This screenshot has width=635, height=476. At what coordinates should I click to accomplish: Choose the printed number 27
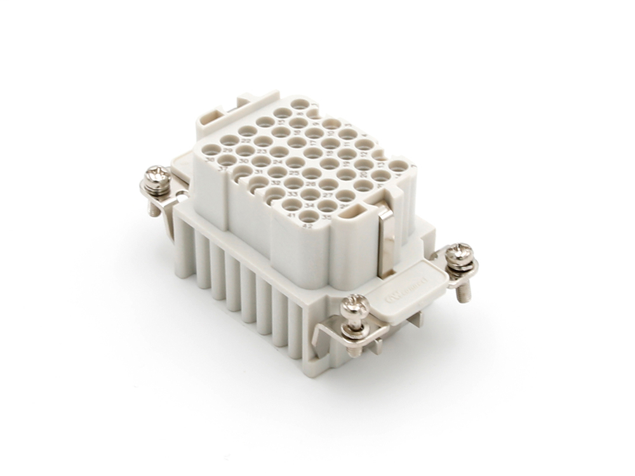327,195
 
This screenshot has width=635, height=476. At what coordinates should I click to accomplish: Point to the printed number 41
291,215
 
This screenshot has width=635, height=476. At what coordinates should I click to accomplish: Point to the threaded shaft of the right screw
464,290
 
